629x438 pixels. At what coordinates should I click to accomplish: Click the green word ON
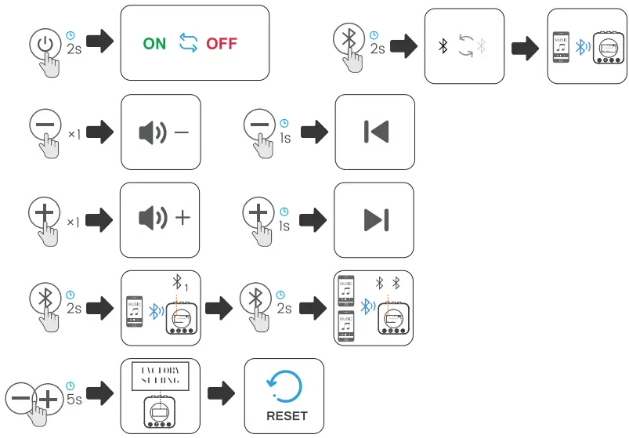(x=154, y=44)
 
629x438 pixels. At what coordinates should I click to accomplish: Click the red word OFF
(x=222, y=44)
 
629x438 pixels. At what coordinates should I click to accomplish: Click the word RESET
(x=287, y=416)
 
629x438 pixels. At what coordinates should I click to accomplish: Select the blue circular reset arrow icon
(x=284, y=384)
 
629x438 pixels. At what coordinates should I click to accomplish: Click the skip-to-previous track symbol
(x=376, y=132)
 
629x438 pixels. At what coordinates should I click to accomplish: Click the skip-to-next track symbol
(x=376, y=220)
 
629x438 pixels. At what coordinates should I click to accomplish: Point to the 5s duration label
(x=74, y=398)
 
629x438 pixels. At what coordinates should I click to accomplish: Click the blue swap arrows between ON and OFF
(x=188, y=43)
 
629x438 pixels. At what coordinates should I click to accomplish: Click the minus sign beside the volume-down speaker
(x=182, y=132)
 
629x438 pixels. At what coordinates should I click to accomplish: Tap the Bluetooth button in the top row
(x=348, y=39)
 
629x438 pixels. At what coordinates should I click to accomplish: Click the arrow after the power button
(x=99, y=43)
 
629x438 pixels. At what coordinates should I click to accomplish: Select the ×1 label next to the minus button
(x=74, y=135)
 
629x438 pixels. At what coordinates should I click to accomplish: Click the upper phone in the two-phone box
(x=346, y=290)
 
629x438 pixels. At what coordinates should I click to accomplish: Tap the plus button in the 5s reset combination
(x=48, y=399)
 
